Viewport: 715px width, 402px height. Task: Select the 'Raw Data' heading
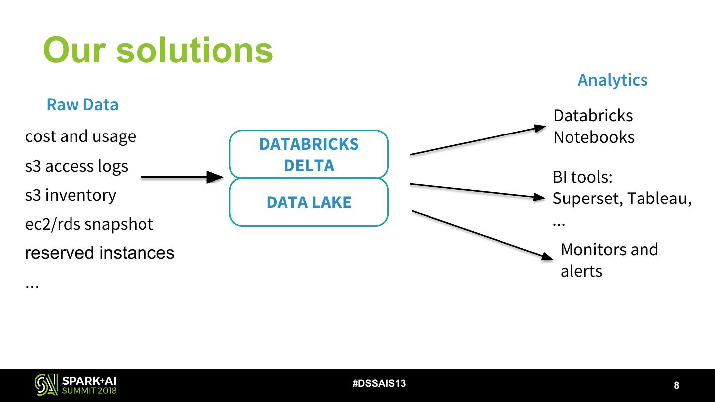coord(82,105)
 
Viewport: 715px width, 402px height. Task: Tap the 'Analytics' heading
coord(612,80)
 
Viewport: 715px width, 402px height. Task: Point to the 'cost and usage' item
coord(80,136)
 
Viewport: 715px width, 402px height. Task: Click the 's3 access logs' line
coord(76,166)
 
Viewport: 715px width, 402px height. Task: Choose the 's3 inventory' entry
coord(71,195)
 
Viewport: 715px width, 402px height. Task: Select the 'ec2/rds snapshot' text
coord(89,224)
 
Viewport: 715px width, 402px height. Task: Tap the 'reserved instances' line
coord(100,253)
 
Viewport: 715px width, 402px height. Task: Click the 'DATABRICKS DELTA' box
coord(308,154)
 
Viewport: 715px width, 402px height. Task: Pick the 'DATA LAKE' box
coord(308,202)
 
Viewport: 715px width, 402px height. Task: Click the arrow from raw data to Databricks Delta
coord(181,177)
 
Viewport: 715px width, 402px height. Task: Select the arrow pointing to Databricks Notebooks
coord(477,140)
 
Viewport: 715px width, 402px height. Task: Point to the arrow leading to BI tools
coord(477,191)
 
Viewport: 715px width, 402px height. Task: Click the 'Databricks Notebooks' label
coord(593,126)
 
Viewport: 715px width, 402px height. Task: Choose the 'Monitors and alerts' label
coord(609,260)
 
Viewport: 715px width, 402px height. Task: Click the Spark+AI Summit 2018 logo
coord(75,385)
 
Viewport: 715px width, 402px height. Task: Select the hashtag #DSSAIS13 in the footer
coord(379,384)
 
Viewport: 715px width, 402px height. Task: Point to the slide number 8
coord(676,385)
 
